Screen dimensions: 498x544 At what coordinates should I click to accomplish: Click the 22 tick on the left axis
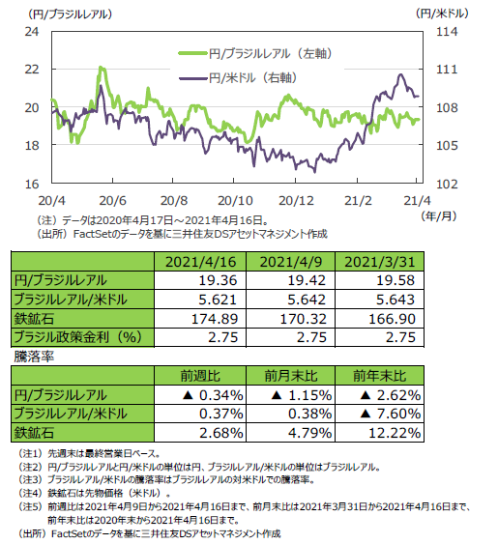point(32,70)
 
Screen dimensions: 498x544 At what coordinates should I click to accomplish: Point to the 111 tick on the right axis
point(447,70)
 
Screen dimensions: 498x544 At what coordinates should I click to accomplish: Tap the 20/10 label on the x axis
point(235,201)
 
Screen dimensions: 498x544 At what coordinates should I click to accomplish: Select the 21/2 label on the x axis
point(358,201)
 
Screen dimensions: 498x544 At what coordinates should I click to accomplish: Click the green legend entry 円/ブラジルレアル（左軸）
point(255,53)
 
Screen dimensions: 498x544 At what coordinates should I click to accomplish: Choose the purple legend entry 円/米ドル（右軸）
point(238,78)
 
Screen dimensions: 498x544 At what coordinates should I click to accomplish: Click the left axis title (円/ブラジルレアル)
point(71,14)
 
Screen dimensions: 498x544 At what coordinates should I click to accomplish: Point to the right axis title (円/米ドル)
point(442,14)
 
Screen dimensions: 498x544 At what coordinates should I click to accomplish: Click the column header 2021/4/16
point(200,262)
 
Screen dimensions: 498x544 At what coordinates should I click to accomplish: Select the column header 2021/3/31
point(380,262)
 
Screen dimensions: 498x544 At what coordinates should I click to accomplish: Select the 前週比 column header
point(200,376)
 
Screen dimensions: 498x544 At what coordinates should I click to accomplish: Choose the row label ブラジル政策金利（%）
point(77,337)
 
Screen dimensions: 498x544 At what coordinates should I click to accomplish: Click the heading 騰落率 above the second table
point(34,357)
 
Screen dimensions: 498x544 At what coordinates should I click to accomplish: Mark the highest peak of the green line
point(101,67)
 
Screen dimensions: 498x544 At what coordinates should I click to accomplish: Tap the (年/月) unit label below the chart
point(439,216)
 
